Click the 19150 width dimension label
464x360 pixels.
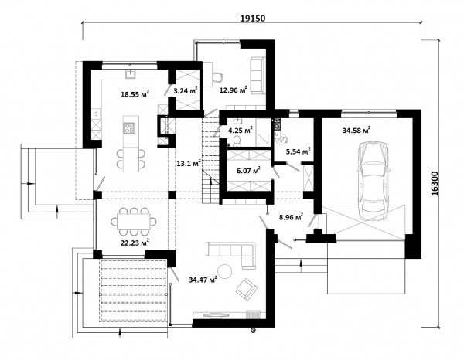(252, 18)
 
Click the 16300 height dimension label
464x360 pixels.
(435, 184)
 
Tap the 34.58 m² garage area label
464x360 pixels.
(357, 130)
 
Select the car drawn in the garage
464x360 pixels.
(373, 181)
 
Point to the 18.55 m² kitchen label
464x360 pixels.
(135, 94)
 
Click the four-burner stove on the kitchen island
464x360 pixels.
(128, 128)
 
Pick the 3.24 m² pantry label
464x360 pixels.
(186, 90)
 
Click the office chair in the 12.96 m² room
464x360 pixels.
(217, 76)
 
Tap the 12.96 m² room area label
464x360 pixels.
(234, 90)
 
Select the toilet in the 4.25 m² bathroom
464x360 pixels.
(237, 141)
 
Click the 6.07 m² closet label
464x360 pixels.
(248, 170)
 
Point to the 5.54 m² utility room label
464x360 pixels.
(298, 151)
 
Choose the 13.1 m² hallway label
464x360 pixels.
(189, 163)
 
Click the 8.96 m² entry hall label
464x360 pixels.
(292, 217)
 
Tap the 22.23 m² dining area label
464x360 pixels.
(135, 243)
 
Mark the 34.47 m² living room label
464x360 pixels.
(203, 279)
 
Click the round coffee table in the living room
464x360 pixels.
(225, 271)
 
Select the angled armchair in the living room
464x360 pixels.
(247, 288)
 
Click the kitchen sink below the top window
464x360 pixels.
(131, 73)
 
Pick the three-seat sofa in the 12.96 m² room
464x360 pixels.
(257, 76)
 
